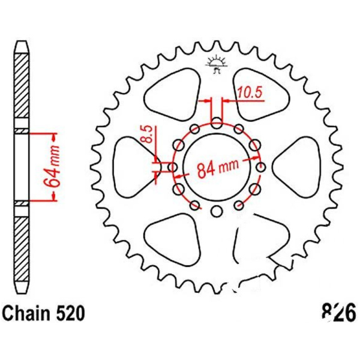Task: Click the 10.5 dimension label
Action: pos(250,92)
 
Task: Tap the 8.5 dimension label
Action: pos(149,134)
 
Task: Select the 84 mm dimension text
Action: pos(218,168)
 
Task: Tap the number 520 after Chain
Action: pos(71,314)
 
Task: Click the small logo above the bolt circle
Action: pos(217,65)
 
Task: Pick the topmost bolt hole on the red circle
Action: pos(217,123)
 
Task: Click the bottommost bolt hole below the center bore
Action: pos(217,211)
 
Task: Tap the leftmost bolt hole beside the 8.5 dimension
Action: pos(172,167)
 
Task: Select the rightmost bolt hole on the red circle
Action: pos(261,167)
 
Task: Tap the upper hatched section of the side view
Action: pos(22,86)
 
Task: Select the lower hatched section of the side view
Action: pos(22,250)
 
